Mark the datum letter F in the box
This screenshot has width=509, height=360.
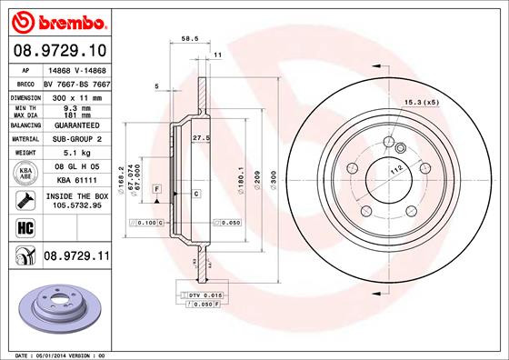point(158,187)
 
